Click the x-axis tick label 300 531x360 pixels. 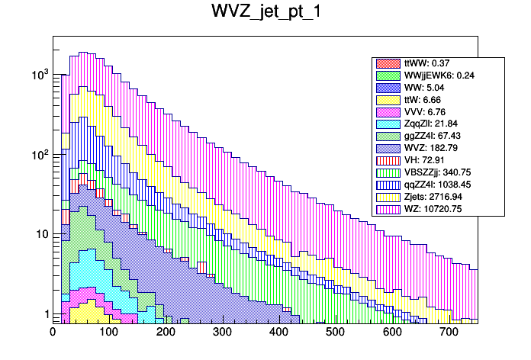coord(222,333)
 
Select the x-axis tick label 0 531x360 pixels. coord(53,333)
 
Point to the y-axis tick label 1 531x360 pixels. coord(46,314)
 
